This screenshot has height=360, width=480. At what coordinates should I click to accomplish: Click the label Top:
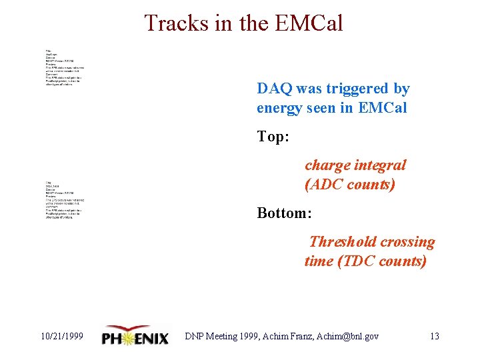(x=273, y=137)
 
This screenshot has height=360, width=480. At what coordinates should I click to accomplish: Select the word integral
(x=381, y=165)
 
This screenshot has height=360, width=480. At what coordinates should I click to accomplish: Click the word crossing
(x=407, y=242)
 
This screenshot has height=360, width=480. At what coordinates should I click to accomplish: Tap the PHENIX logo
(x=136, y=336)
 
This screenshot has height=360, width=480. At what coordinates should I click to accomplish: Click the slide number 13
(x=434, y=336)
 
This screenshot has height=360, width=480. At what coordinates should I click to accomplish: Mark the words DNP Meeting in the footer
(x=213, y=336)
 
